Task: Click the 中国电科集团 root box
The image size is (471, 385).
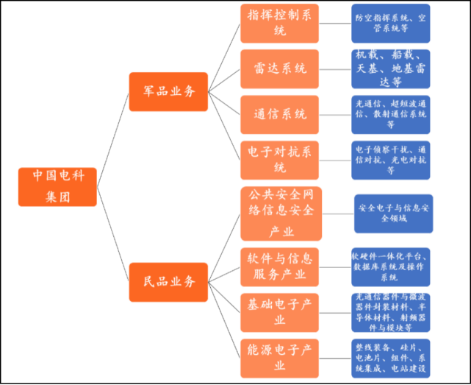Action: pyautogui.click(x=57, y=186)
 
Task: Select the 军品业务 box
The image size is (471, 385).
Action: pyautogui.click(x=168, y=92)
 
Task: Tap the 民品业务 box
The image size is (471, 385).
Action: pyautogui.click(x=168, y=281)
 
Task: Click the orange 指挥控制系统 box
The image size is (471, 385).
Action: pyautogui.click(x=279, y=23)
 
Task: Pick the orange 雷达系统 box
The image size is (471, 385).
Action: pyautogui.click(x=279, y=69)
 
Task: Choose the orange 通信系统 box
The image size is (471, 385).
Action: pyautogui.click(x=279, y=115)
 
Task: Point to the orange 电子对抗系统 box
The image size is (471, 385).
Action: pyautogui.click(x=279, y=160)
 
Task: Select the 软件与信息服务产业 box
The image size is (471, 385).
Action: pyautogui.click(x=279, y=266)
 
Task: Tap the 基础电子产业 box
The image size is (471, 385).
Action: pyautogui.click(x=279, y=312)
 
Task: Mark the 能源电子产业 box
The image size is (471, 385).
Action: pyautogui.click(x=279, y=358)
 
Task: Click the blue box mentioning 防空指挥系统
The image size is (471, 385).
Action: pyautogui.click(x=391, y=23)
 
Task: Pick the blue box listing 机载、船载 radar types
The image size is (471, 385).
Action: pyautogui.click(x=391, y=69)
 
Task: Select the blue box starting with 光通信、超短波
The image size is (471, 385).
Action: pyautogui.click(x=391, y=115)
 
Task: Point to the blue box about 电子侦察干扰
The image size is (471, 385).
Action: pyautogui.click(x=391, y=160)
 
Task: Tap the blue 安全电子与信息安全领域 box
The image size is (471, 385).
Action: pyautogui.click(x=393, y=213)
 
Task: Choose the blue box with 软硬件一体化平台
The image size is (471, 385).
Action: pyautogui.click(x=391, y=266)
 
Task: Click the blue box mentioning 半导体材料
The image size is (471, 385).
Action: pyautogui.click(x=391, y=312)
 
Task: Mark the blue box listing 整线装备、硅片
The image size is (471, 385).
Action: pyautogui.click(x=391, y=358)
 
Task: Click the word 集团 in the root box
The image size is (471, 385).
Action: pyautogui.click(x=57, y=197)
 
